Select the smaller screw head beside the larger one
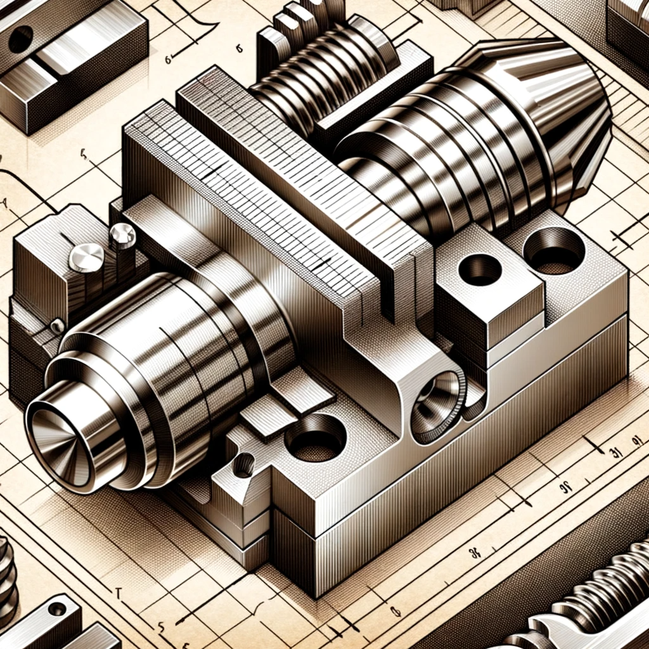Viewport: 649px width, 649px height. tap(122, 236)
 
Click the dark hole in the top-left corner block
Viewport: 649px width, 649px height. tap(20, 39)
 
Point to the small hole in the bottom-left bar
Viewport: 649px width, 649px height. tap(57, 609)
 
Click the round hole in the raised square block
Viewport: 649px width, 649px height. tap(480, 269)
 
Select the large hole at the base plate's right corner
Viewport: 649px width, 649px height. tap(554, 250)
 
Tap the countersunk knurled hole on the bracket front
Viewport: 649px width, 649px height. tap(438, 406)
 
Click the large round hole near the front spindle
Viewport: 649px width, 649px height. tap(315, 437)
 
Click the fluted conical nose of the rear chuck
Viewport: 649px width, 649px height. tap(558, 120)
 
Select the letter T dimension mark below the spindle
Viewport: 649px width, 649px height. tap(118, 593)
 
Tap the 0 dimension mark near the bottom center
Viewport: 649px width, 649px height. tap(395, 612)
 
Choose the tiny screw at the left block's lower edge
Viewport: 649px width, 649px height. tap(57, 326)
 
